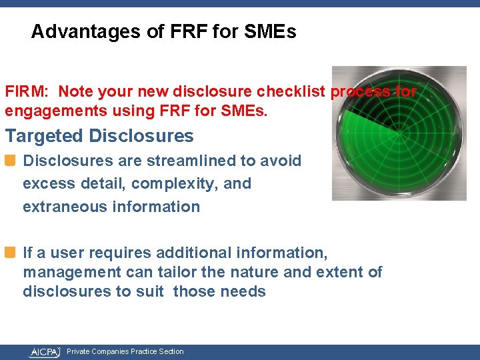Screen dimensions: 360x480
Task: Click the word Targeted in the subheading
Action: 45,136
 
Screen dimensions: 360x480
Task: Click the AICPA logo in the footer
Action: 44,351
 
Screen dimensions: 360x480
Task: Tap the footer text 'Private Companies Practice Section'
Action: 125,351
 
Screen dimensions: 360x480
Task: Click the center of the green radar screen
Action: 399,133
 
